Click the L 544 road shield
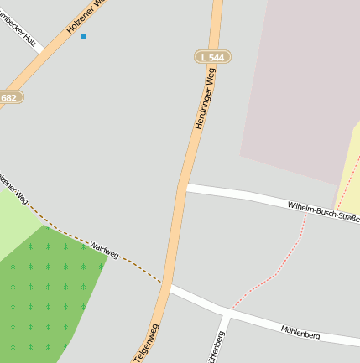(x=212, y=57)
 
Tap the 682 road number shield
(x=9, y=97)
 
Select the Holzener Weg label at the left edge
(x=14, y=188)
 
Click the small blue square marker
(x=83, y=37)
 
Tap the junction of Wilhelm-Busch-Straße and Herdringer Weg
(x=182, y=189)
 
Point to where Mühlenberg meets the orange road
(x=168, y=288)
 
